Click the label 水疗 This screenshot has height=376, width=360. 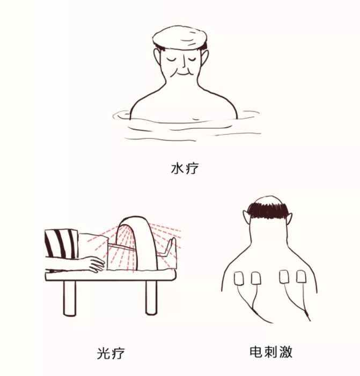coord(185,168)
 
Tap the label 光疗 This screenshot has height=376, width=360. coord(111,353)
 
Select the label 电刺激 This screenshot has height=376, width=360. coord(271,351)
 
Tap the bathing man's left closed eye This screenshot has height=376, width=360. coord(171,59)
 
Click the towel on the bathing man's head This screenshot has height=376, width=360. coord(180,38)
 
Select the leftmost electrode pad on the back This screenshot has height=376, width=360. coord(239,278)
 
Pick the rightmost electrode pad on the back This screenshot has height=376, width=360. coord(302,276)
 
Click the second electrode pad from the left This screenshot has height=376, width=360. coord(256,278)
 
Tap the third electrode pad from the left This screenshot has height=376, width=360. coord(284,276)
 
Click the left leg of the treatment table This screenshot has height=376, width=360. coord(70,297)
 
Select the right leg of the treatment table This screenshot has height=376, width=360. coord(152,297)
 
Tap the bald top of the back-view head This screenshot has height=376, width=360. coord(268,200)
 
